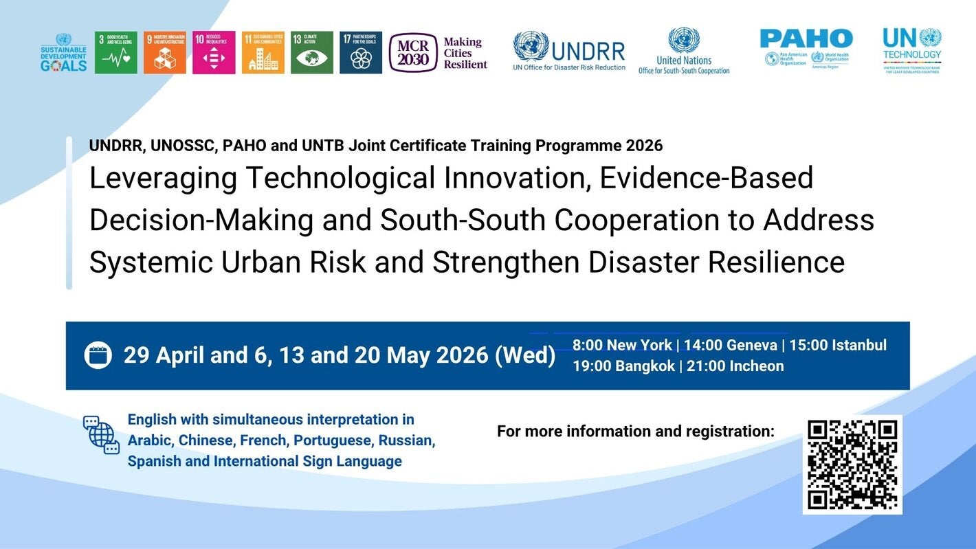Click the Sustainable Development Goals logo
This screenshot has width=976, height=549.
[x=64, y=53]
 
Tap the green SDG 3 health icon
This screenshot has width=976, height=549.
[x=115, y=53]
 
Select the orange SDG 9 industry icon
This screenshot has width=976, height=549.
[x=165, y=53]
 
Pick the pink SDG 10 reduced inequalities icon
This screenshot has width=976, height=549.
[x=214, y=53]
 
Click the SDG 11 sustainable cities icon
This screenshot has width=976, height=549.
[x=263, y=53]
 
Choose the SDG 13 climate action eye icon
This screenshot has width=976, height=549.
[x=312, y=53]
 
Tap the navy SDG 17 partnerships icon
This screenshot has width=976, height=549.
[x=361, y=53]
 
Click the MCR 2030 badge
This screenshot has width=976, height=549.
[x=413, y=53]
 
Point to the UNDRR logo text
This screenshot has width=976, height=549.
[x=588, y=51]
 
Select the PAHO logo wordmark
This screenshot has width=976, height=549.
[x=806, y=38]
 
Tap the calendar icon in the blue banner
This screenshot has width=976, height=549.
[x=98, y=355]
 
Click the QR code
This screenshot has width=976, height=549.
[x=852, y=464]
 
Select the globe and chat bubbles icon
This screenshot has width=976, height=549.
[x=101, y=435]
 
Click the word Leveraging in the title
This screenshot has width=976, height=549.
[x=162, y=179]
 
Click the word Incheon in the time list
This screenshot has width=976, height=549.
[x=756, y=366]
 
